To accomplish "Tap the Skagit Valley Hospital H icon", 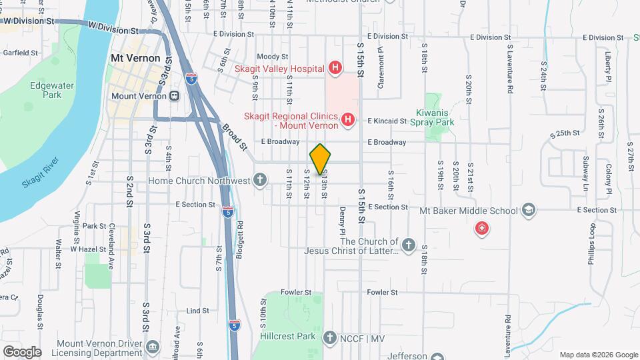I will (335, 68).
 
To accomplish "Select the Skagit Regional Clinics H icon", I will (347, 120).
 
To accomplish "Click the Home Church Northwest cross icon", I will (260, 180).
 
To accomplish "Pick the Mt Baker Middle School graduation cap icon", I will (529, 211).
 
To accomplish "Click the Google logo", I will (22, 351).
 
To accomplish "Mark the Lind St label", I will (198, 311).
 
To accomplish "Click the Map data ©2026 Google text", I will (599, 355).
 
